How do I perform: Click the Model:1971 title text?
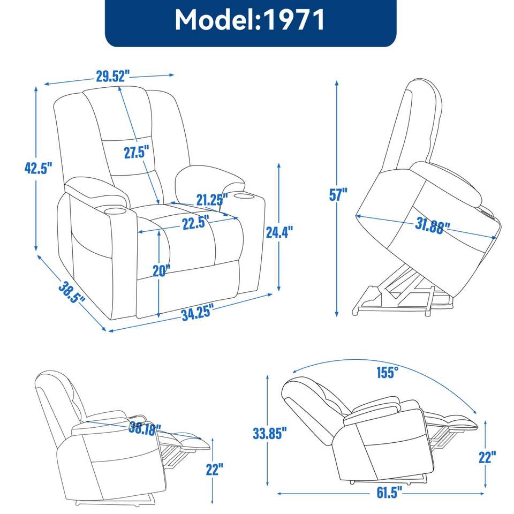pos(250,20)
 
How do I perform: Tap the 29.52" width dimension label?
pos(113,76)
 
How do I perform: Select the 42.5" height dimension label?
pos(38,168)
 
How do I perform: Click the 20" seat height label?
pos(161,271)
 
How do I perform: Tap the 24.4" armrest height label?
pos(279,232)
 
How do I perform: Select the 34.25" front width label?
pos(197,313)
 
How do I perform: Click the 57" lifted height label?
pos(338,195)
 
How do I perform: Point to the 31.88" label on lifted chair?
pos(432,227)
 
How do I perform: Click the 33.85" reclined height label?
pos(270,433)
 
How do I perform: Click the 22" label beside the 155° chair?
pos(487,457)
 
